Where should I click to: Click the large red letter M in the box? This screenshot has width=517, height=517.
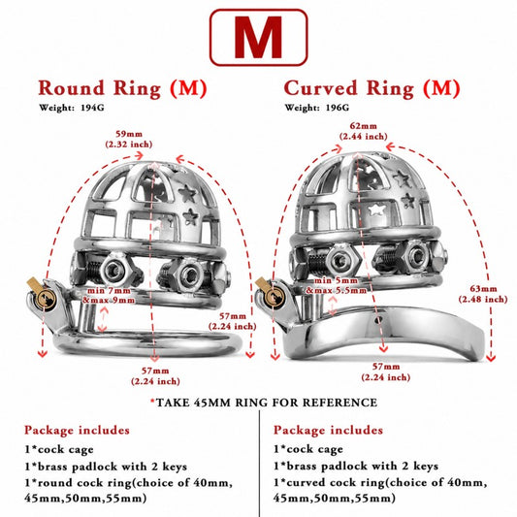(x=258, y=37)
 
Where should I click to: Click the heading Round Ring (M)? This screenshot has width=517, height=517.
(x=122, y=88)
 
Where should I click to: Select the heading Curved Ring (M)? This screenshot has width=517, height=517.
(x=372, y=88)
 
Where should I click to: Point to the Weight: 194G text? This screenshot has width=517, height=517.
(x=72, y=108)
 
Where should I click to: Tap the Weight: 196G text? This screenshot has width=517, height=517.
(x=316, y=108)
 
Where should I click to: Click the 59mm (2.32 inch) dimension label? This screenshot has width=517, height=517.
(x=129, y=139)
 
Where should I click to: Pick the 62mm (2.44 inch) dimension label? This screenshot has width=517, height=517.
(x=364, y=131)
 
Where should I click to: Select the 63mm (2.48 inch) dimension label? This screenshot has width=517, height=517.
(x=483, y=294)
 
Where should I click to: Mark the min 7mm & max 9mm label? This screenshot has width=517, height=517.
(x=110, y=296)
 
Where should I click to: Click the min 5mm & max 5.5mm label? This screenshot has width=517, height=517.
(x=337, y=285)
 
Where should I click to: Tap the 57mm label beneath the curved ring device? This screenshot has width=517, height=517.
(x=386, y=372)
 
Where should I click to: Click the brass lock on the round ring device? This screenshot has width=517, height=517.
(x=42, y=293)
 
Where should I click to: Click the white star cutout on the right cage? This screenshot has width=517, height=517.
(x=376, y=210)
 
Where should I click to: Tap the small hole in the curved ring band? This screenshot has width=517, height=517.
(x=378, y=319)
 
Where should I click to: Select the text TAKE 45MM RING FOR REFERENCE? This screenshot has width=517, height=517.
(x=267, y=403)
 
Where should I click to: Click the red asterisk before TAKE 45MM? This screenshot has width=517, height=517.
(x=152, y=402)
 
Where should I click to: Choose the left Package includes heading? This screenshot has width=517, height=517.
(x=77, y=431)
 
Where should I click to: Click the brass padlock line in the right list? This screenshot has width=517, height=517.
(x=356, y=466)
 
